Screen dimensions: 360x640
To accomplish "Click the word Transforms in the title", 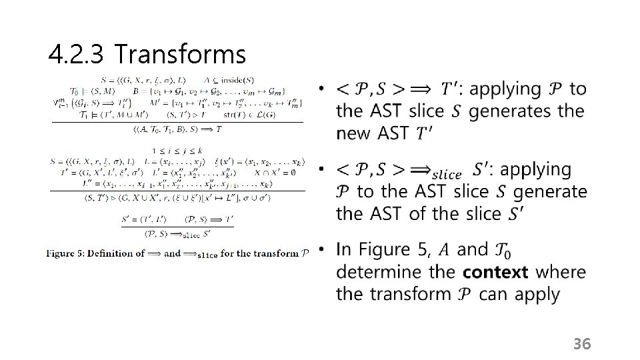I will [179, 53].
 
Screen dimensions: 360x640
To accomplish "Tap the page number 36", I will [582, 344].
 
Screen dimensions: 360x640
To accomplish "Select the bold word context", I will [495, 272].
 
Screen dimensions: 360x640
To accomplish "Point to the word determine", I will [376, 272].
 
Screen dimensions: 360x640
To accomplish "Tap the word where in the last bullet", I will [560, 272].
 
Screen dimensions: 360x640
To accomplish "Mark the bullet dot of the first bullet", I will [321, 88].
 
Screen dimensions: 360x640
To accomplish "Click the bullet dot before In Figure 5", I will [321, 250].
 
